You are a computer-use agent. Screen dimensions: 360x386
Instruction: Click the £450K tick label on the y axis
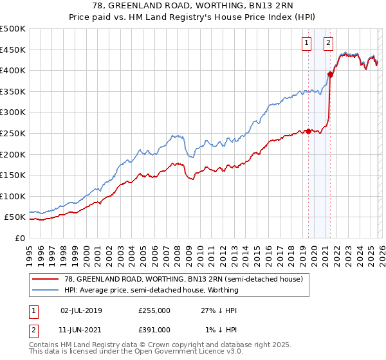[13, 50]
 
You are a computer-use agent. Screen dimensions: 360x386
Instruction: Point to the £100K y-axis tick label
[13, 196]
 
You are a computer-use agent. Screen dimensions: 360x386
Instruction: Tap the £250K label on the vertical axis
[13, 133]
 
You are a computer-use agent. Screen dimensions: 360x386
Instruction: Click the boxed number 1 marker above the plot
[306, 43]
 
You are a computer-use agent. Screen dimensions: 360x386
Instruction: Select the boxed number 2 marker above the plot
[328, 43]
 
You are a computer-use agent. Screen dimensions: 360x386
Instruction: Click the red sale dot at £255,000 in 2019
[308, 131]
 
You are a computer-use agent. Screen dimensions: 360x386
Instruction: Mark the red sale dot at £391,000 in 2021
[330, 74]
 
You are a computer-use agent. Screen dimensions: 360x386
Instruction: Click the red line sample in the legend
[46, 279]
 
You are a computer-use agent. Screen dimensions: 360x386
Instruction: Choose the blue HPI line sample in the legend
[46, 290]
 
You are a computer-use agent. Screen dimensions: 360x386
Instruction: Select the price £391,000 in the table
[154, 329]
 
